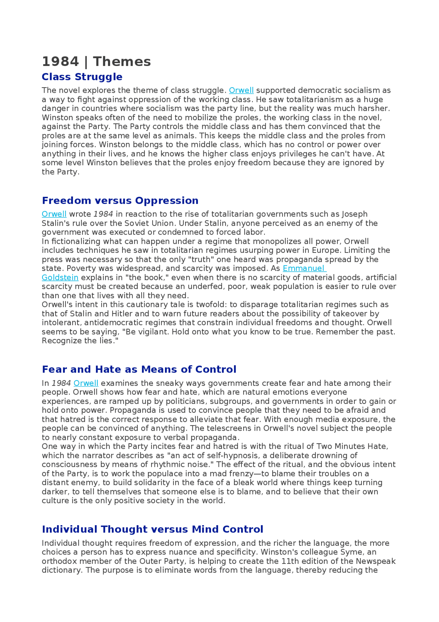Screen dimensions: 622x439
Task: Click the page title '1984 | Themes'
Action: [96, 62]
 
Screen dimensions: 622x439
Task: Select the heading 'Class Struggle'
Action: [82, 77]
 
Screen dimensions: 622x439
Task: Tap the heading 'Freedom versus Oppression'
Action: [120, 201]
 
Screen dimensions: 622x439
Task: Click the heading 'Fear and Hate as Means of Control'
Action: [139, 370]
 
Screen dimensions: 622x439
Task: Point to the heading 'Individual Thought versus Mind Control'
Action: [152, 529]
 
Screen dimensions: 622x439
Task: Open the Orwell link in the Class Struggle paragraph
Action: [241, 90]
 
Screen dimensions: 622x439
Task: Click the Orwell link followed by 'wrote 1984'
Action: [54, 214]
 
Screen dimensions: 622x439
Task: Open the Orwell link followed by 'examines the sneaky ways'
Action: [86, 383]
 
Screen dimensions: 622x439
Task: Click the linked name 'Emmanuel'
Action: [304, 269]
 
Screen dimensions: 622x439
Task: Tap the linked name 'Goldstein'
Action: [60, 278]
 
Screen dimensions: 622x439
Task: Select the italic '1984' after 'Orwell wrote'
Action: [103, 214]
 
